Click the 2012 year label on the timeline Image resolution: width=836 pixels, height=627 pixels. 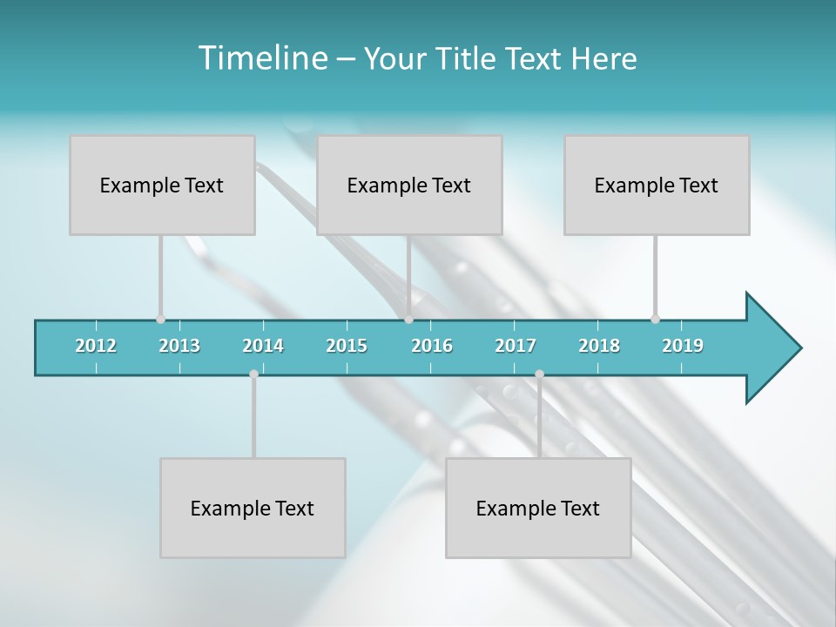[96, 346]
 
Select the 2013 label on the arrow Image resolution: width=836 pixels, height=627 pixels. [179, 346]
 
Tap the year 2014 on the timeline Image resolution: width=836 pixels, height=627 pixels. [263, 346]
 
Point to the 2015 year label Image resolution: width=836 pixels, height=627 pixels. [347, 346]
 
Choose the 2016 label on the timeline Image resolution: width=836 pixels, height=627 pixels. [432, 346]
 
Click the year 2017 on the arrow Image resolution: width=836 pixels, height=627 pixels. [516, 346]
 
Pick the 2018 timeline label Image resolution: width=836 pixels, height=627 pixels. [599, 346]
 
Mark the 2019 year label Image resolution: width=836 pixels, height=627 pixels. [683, 346]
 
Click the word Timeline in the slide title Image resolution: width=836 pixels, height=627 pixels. [261, 58]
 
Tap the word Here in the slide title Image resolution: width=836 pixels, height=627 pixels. [603, 58]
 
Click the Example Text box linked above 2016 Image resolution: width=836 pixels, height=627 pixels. [409, 185]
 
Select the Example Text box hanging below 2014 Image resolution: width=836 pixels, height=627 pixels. [253, 508]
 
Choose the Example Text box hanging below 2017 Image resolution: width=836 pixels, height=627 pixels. [538, 508]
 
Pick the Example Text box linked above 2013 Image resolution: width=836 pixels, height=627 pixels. [162, 185]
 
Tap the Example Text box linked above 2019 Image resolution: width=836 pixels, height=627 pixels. [657, 185]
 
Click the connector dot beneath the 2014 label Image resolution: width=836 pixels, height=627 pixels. [253, 374]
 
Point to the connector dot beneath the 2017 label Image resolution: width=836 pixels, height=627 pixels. [539, 374]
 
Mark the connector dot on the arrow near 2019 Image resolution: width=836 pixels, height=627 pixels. [655, 319]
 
